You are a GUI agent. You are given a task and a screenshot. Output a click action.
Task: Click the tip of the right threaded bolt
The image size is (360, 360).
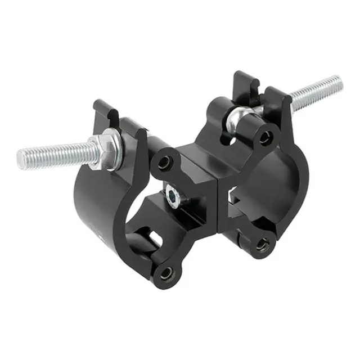coord(338,82)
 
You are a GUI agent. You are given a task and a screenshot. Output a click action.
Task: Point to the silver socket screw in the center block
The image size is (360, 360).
coord(172,195)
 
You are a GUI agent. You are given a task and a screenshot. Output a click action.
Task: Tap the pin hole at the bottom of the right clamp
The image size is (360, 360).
coord(262,244)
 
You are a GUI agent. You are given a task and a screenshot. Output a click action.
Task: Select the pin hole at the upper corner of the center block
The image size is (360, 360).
coord(165,163)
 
